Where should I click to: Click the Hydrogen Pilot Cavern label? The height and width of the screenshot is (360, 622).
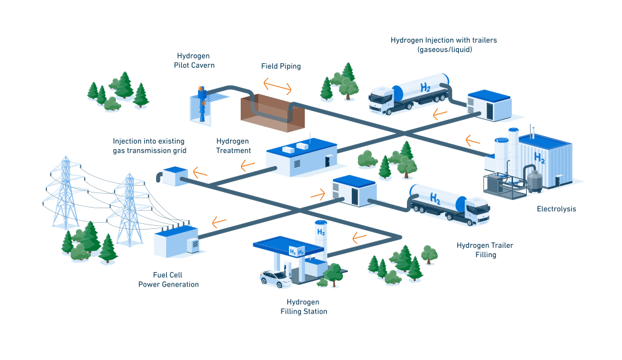[x=193, y=60]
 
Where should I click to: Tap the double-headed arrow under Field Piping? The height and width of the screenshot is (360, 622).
[x=277, y=85]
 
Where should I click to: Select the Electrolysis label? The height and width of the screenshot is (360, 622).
[x=556, y=209]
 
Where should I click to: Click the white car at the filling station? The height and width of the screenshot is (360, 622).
[x=277, y=279]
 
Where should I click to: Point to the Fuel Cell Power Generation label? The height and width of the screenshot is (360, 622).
[x=168, y=280]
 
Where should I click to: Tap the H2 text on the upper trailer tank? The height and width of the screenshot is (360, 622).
[x=426, y=88]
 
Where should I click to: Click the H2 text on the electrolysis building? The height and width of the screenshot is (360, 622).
[x=539, y=157]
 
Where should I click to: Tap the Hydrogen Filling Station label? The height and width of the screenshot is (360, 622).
[x=303, y=307]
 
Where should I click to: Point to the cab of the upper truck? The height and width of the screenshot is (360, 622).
[x=382, y=100]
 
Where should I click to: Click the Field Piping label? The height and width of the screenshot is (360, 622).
[x=280, y=66]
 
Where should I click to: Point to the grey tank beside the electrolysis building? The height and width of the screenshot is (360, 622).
[x=534, y=181]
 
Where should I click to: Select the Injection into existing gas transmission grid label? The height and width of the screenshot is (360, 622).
[x=150, y=146]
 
